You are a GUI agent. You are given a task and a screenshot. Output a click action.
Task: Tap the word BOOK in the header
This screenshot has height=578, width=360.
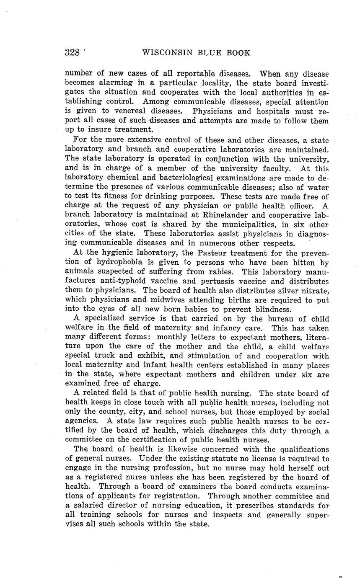coord(238,53)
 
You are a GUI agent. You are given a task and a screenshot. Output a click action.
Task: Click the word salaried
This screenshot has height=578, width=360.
coord(89,506)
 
